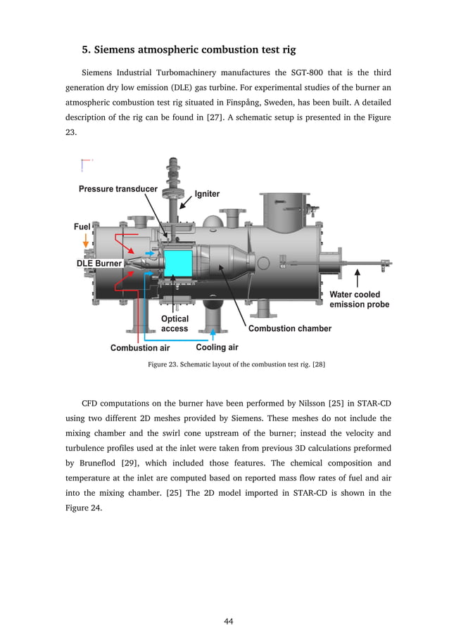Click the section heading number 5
coord(86,50)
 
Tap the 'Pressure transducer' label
coord(118,188)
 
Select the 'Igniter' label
coord(207,194)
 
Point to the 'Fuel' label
coord(82,227)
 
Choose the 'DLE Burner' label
coord(99,263)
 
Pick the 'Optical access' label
coord(175,323)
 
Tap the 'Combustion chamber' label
coord(289,328)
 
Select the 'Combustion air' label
coord(140,348)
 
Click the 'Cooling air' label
coord(217,347)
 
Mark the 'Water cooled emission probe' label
coord(359,300)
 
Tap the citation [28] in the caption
coord(318,364)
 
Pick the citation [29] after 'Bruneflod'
coord(128,463)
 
